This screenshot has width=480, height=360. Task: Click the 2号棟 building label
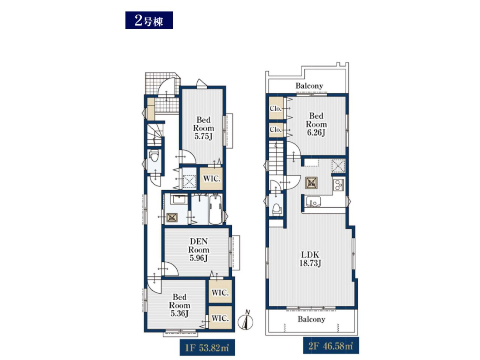pyautogui.click(x=149, y=20)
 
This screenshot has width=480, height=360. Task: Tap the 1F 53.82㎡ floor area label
pyautogui.click(x=207, y=347)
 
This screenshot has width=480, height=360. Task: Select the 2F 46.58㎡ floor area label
pyautogui.click(x=331, y=346)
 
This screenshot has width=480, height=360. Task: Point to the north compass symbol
pyautogui.click(x=246, y=320)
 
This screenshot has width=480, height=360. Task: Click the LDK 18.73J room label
pyautogui.click(x=310, y=259)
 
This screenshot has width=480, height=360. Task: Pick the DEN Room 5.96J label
pyautogui.click(x=199, y=250)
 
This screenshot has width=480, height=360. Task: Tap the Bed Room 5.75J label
pyautogui.click(x=203, y=128)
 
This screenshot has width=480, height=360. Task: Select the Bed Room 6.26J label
pyautogui.click(x=316, y=124)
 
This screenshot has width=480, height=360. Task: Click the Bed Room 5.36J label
pyautogui.click(x=179, y=305)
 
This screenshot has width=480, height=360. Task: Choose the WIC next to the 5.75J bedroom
pyautogui.click(x=212, y=178)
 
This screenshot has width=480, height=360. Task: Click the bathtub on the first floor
pyautogui.click(x=216, y=210)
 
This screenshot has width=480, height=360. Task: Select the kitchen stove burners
pyautogui.click(x=339, y=185)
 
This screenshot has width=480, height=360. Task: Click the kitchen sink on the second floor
pyautogui.click(x=313, y=202)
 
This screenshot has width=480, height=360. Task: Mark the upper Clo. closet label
pyautogui.click(x=275, y=108)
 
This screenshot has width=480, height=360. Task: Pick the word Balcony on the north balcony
pyautogui.click(x=309, y=86)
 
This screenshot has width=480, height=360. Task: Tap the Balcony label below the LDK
pyautogui.click(x=311, y=319)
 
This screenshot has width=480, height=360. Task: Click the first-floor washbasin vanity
pyautogui.click(x=179, y=199)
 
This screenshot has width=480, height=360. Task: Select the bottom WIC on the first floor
pyautogui.click(x=220, y=319)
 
